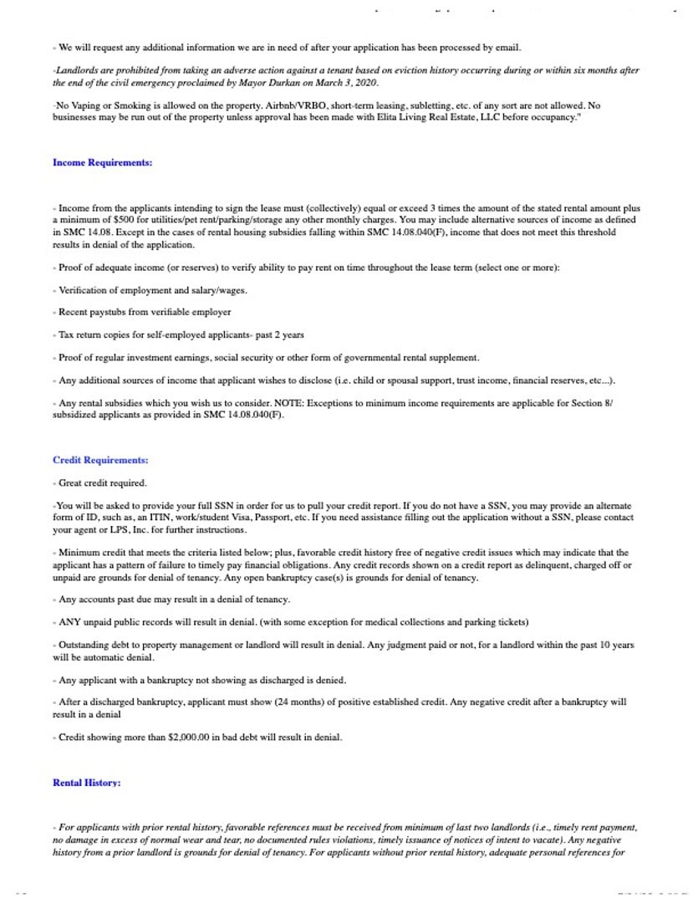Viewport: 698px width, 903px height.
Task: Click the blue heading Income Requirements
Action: click(102, 162)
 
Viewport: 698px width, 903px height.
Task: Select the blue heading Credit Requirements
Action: click(100, 460)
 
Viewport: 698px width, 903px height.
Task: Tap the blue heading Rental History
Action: click(87, 783)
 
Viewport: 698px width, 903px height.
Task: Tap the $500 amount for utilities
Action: click(123, 218)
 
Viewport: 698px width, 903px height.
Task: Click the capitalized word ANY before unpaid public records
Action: click(70, 622)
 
